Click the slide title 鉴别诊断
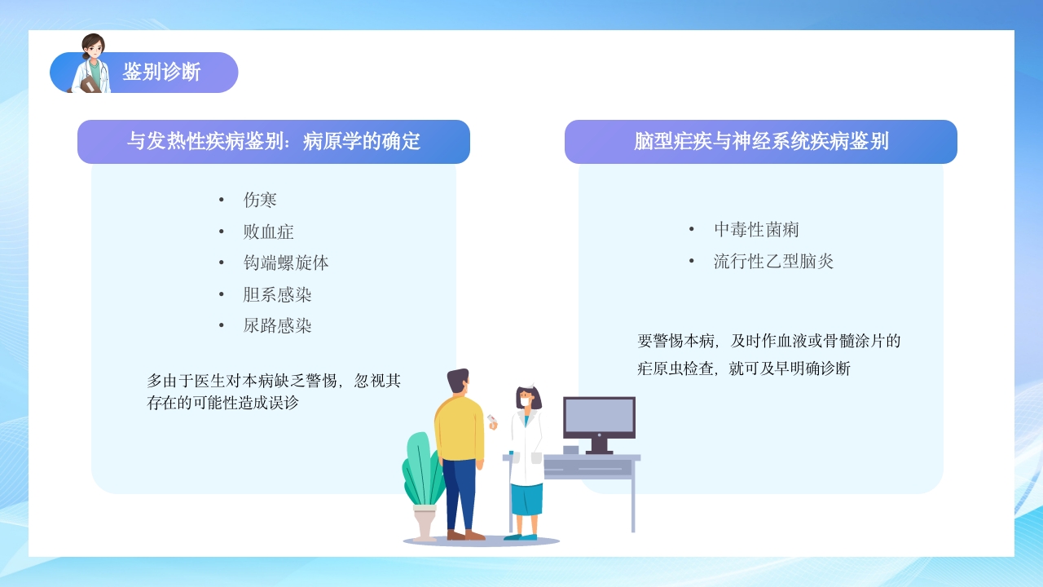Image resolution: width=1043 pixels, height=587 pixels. coord(161,72)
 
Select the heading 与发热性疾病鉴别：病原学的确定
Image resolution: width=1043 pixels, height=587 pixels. coord(274,141)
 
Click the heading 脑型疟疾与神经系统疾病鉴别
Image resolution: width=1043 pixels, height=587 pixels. coord(761,141)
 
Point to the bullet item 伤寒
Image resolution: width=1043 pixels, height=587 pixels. coord(260,200)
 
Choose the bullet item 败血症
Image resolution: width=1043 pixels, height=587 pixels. coord(268,232)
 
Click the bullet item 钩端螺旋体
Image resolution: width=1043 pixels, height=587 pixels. coord(285,263)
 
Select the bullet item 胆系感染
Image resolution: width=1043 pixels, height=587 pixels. coord(277,294)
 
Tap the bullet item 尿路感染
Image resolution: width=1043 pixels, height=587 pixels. coord(277,326)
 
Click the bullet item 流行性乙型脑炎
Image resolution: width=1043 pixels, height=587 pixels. coord(773,262)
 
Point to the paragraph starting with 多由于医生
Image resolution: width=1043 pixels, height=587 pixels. coord(274,391)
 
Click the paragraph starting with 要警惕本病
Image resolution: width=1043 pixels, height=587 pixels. coord(768,355)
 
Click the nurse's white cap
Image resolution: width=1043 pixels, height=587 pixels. coord(528,386)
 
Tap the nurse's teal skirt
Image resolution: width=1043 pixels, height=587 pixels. coord(526,499)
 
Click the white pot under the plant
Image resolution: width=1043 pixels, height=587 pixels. coord(425,522)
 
